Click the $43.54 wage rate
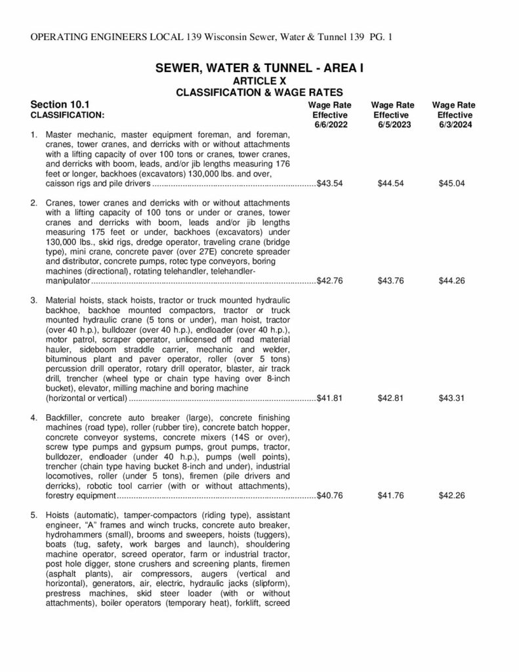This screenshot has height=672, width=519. (329, 184)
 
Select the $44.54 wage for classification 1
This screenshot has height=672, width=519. (391, 184)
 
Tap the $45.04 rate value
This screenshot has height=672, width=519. (451, 184)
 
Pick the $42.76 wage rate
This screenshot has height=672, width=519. (329, 281)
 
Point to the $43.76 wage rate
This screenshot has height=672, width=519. (391, 281)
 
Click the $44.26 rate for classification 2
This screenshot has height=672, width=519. (451, 281)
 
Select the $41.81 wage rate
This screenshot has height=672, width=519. (329, 398)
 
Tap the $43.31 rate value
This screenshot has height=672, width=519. (451, 398)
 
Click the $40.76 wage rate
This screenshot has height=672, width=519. (329, 495)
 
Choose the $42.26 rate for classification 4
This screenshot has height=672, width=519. (451, 495)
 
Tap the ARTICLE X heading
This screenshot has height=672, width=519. (259, 80)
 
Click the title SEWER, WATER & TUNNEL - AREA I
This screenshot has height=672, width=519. (259, 68)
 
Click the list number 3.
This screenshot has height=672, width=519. (34, 301)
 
